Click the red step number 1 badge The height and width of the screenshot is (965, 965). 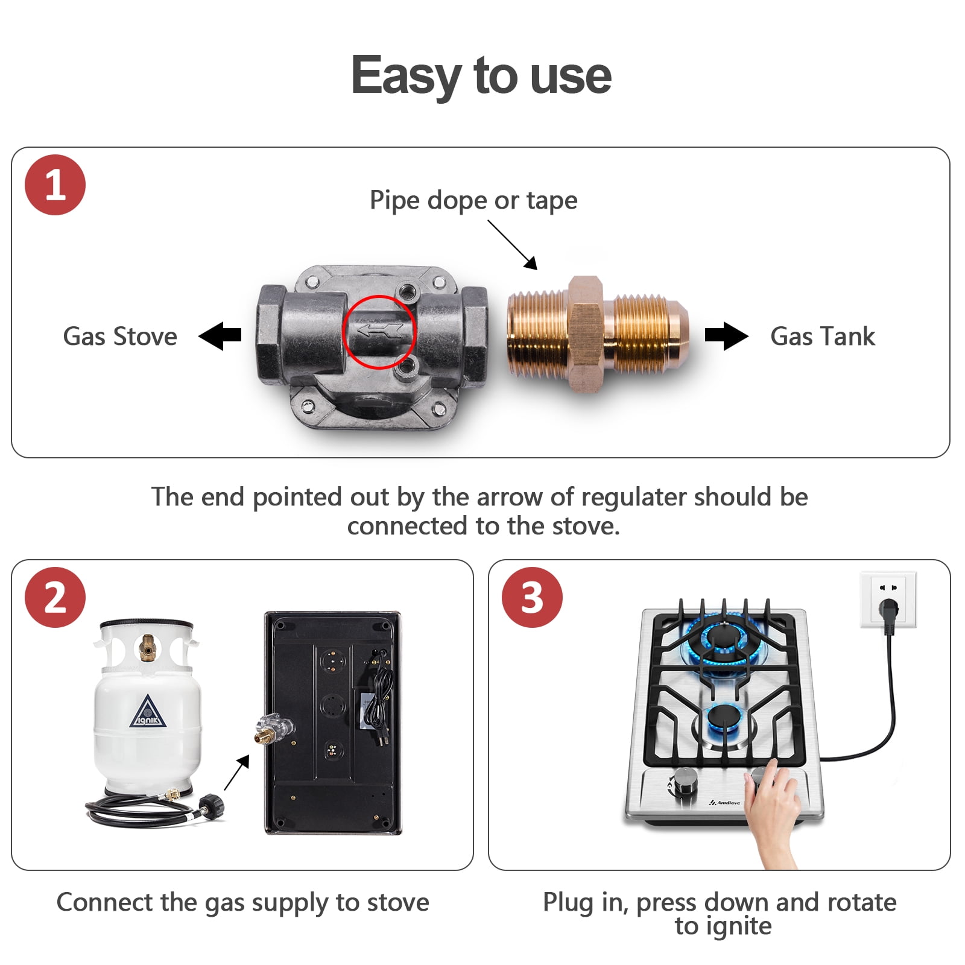pos(55,185)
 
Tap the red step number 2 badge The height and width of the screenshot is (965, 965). pos(55,597)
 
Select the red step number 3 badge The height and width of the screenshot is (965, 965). pos(532,597)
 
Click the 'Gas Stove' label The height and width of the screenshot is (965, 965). pos(120,337)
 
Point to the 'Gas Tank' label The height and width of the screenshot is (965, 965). pos(823,337)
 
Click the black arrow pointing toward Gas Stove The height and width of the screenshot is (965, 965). pos(220,336)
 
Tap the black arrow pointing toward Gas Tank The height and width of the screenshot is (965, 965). pos(727,336)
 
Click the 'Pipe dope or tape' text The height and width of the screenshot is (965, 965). pos(473,200)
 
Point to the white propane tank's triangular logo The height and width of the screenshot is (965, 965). pos(147,712)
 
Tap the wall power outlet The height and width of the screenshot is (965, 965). pos(888,600)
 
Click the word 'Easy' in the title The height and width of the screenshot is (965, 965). pos(407,76)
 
